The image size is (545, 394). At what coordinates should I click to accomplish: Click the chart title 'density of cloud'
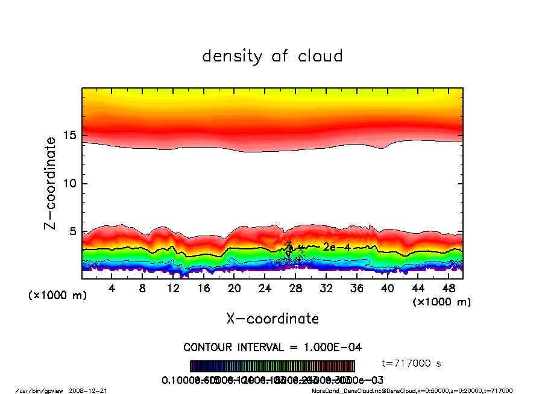pyautogui.click(x=272, y=57)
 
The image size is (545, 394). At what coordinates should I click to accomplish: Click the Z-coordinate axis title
pyautogui.click(x=51, y=183)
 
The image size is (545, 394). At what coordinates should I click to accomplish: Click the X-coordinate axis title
pyautogui.click(x=272, y=319)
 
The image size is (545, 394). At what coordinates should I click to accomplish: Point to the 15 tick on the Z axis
pyautogui.click(x=69, y=136)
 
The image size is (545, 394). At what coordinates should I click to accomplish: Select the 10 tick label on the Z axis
pyautogui.click(x=69, y=183)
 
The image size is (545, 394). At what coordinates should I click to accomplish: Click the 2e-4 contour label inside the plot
pyautogui.click(x=333, y=247)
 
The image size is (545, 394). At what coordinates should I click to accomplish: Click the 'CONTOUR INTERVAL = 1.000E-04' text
pyautogui.click(x=272, y=348)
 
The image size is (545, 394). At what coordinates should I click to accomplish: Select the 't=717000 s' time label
pyautogui.click(x=412, y=363)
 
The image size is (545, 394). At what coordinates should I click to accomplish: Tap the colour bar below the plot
pyautogui.click(x=272, y=366)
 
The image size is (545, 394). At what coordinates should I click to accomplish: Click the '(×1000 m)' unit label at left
pyautogui.click(x=57, y=296)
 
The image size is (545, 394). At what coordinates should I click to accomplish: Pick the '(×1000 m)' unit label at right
pyautogui.click(x=442, y=302)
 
